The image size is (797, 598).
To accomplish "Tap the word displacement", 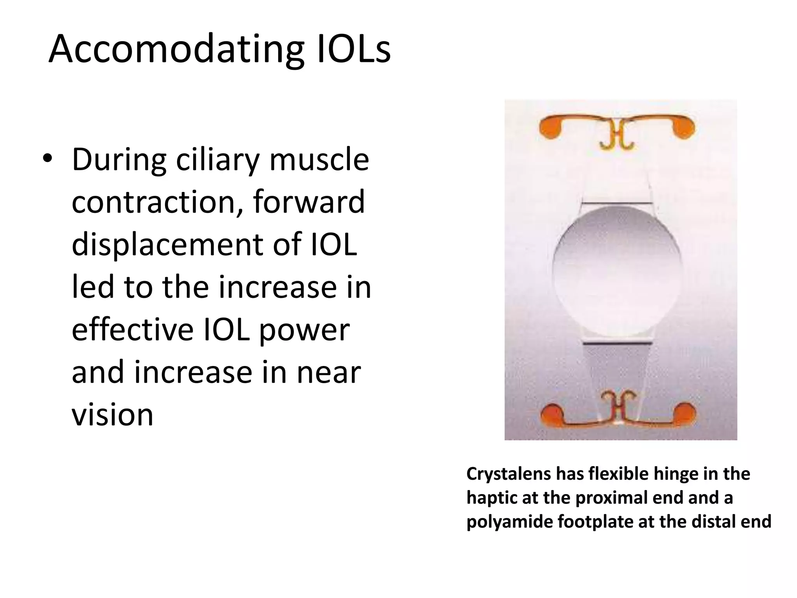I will coord(168,244).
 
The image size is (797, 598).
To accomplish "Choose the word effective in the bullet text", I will coord(132,329).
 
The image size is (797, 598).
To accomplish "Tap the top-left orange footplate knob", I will coord(550,127).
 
